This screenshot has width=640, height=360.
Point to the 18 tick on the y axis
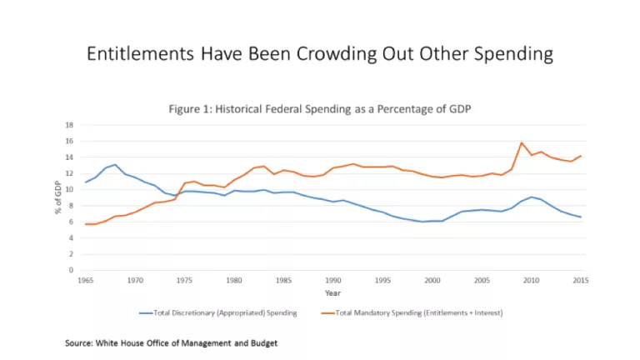coord(70,125)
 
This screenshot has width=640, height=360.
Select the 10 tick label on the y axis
coord(70,189)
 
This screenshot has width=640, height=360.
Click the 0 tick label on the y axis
coord(72,270)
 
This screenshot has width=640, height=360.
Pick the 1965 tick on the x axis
coord(85,280)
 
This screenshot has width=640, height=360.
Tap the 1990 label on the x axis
coord(333,280)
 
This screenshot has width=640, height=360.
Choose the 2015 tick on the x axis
coord(581,280)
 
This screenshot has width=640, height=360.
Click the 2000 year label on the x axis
coord(432,280)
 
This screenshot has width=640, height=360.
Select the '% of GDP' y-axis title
coord(59,197)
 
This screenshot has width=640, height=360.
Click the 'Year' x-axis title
coord(333,292)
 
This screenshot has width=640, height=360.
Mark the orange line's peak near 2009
coord(522,142)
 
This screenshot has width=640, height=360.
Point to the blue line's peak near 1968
coord(115,165)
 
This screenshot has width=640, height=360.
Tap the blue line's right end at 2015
coord(581,217)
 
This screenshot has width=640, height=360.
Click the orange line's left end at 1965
coord(85,224)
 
